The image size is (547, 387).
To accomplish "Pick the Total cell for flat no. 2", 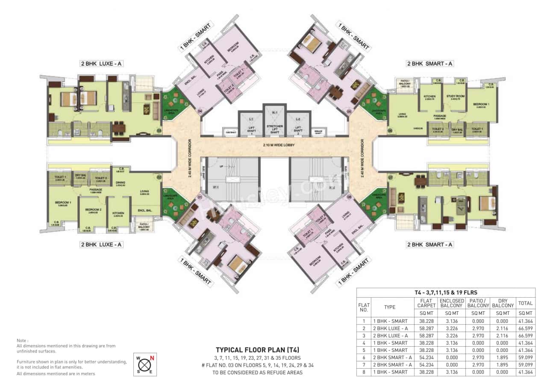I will tap(525, 328).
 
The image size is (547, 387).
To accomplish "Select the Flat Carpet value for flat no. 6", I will tap(426, 357).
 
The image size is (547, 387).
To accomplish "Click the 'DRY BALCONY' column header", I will tap(503, 303).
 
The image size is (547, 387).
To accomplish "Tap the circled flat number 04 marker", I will tap(199, 112).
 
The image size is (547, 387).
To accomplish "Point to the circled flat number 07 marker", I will tap(390, 177).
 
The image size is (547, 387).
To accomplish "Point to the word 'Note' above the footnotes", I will tap(22, 340).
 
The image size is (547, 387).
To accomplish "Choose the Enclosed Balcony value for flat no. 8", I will tap(451, 372).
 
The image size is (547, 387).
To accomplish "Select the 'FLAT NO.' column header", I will tap(364, 307).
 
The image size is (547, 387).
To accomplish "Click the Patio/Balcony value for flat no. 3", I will tap(478, 336).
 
